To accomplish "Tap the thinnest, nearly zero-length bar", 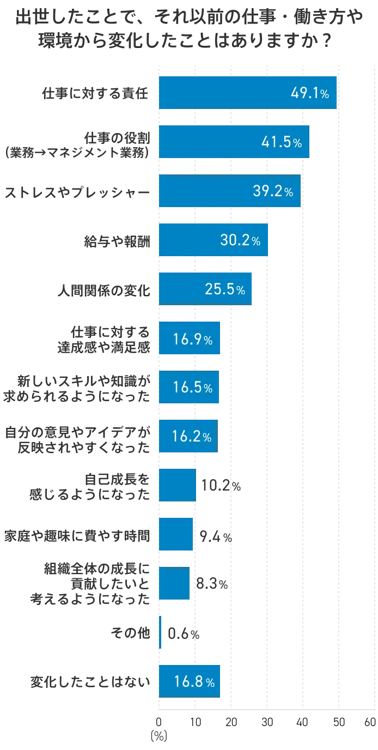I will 160,632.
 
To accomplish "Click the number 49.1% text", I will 309,93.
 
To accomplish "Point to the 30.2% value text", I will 240,240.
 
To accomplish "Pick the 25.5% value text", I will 224,289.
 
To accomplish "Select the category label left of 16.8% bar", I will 90,681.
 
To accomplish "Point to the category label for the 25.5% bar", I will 103,289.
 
